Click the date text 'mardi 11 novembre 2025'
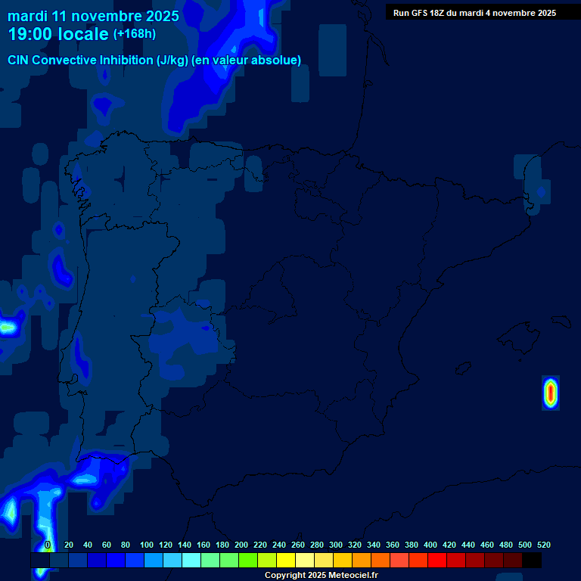click(x=93, y=16)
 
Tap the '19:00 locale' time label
click(x=58, y=34)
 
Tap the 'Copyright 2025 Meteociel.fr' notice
click(x=321, y=576)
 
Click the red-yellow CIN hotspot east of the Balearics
click(x=550, y=393)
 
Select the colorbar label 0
click(x=48, y=545)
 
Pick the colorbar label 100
click(x=146, y=545)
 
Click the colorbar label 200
click(x=241, y=545)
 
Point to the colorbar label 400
click(x=430, y=545)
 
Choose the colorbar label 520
click(x=543, y=545)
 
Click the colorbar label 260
click(x=298, y=545)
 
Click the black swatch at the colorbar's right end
click(x=532, y=561)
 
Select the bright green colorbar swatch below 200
click(x=248, y=561)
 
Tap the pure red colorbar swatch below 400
click(x=437, y=561)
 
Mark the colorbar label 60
click(x=106, y=545)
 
